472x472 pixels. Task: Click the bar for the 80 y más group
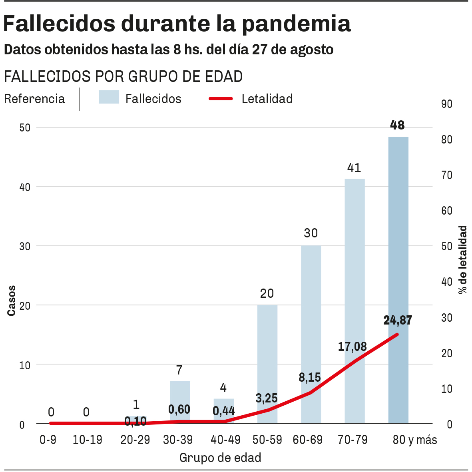[398, 240]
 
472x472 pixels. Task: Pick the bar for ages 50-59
[267, 352]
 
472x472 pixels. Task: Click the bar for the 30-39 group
[180, 396]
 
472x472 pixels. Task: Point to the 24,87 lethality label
[397, 321]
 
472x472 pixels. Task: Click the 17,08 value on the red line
[352, 347]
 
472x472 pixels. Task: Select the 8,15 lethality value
[310, 377]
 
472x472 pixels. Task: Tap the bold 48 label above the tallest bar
[397, 125]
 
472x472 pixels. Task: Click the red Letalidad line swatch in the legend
[221, 98]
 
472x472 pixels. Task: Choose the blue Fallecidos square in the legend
[109, 97]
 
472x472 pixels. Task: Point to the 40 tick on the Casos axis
[25, 187]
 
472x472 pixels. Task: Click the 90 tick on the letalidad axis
[447, 104]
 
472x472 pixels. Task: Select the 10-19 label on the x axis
[88, 440]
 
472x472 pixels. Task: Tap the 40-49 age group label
[225, 440]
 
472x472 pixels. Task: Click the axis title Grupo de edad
[220, 458]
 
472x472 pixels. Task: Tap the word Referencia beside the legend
[34, 99]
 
